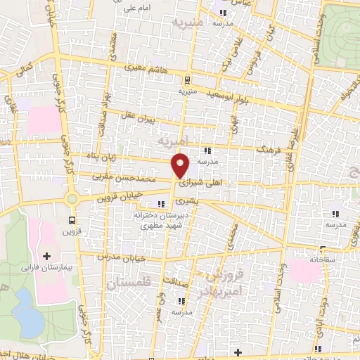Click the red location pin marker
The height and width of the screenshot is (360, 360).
181,165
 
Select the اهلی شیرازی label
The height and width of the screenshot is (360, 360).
200,182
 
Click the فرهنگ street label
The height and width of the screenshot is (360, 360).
269,150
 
